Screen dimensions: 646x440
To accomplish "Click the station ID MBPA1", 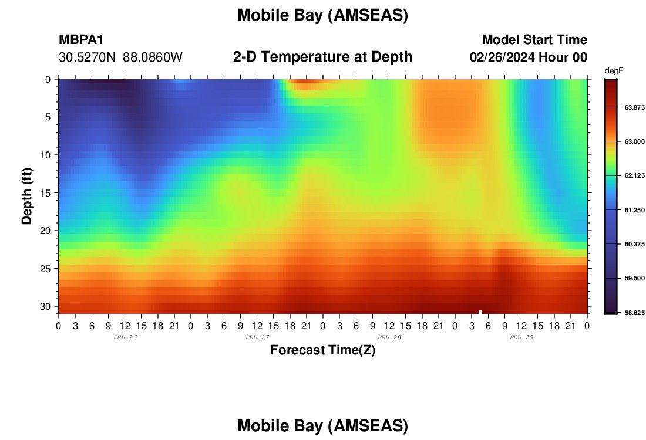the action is tap(81, 39).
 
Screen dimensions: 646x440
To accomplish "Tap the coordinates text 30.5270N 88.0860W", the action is tap(120, 57).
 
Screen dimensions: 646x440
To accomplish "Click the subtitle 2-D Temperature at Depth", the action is tap(322, 57).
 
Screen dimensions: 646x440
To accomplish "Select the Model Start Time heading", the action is tap(534, 39).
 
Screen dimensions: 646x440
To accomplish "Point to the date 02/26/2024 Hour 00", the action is tap(528, 57).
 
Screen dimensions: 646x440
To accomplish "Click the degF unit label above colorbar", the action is tap(614, 71).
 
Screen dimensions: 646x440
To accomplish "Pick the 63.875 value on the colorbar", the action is tap(634, 107).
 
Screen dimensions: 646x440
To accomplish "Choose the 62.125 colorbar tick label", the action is tap(634, 176).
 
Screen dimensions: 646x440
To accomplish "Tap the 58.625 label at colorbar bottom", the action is tap(634, 313).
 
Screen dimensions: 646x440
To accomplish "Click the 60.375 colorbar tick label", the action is tap(634, 244).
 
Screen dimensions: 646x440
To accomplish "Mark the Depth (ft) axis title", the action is tap(27, 196).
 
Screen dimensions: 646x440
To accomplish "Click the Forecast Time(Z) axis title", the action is tap(322, 350).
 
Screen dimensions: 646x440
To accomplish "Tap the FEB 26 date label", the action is tap(125, 337).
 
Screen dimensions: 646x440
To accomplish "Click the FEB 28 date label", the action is tap(389, 337).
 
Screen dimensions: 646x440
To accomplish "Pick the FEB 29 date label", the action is tap(521, 337).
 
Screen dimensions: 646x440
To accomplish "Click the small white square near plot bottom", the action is tap(480, 312).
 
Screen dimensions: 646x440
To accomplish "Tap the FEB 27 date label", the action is tap(257, 337).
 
